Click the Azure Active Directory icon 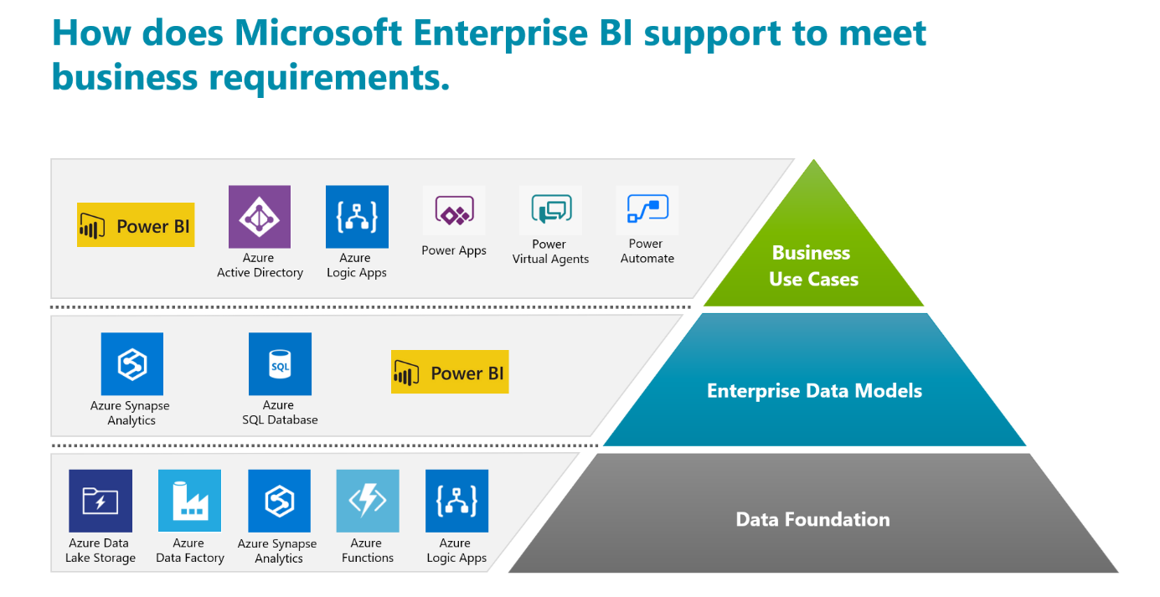coord(260,217)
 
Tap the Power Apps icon coord(454,210)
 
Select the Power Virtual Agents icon coord(551,210)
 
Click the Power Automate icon coord(647,210)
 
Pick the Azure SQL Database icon coord(281,364)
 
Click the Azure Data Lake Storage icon coord(101,501)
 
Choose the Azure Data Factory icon coord(189,501)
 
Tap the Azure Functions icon coord(368,501)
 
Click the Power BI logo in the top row coord(136,224)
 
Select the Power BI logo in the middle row coord(450,372)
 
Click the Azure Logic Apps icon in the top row coord(357,217)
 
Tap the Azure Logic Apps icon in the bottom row coord(456,501)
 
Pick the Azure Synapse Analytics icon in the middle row coord(132,364)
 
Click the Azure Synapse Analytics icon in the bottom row coord(279,501)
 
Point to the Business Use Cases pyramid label coord(813,265)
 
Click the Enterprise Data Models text coord(815,391)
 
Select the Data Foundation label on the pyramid coord(813,519)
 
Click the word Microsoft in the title coord(318,33)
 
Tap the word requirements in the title coord(329,78)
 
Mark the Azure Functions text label coord(367,550)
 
